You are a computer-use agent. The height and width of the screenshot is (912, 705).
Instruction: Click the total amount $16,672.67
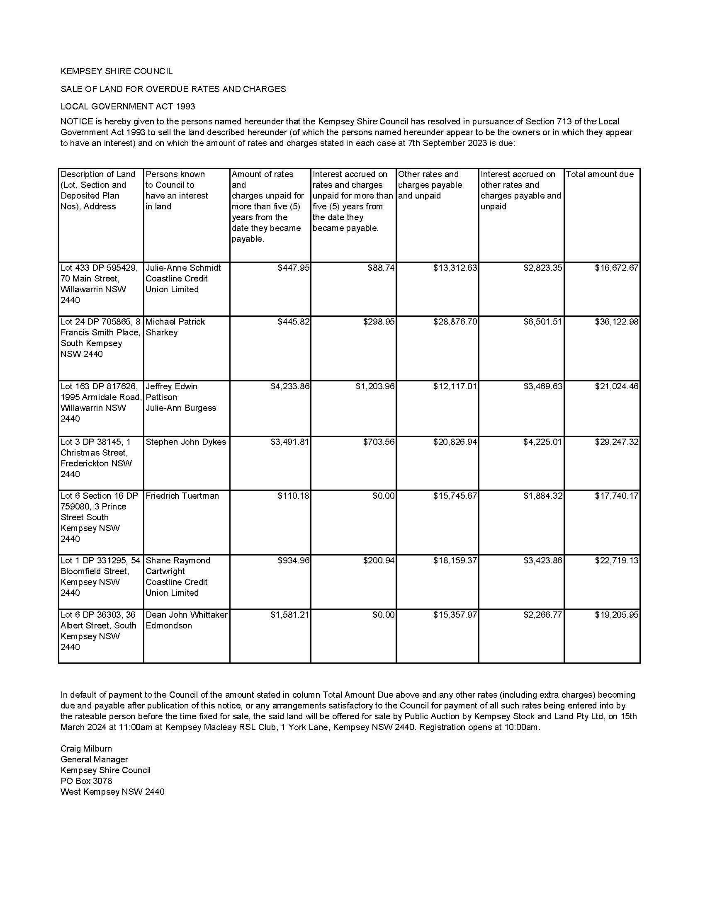point(616,268)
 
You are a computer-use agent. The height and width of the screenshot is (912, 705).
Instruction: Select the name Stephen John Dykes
point(185,442)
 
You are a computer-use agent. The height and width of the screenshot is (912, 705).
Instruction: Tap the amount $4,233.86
point(290,386)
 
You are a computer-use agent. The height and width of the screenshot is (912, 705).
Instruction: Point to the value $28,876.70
point(455,322)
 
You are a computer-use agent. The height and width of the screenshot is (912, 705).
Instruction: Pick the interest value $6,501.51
point(542,322)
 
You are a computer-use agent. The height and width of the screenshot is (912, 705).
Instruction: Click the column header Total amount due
point(599,174)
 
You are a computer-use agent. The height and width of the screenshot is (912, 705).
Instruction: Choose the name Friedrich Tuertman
point(182,496)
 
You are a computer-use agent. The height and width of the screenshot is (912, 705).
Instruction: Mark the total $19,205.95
point(616,615)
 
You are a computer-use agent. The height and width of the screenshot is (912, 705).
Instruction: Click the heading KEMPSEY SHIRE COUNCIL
point(117,71)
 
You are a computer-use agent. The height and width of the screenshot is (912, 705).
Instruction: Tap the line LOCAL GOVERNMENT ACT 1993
point(128,107)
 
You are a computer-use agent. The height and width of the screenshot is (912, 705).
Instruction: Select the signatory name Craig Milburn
point(86,748)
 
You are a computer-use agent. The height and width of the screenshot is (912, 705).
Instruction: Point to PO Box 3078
point(86,781)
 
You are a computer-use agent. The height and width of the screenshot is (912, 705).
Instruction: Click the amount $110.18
point(293,496)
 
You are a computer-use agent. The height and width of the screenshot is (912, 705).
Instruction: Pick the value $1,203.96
point(375,386)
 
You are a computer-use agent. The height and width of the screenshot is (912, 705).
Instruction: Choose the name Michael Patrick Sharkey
point(175,327)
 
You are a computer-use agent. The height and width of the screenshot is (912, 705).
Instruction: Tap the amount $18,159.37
point(455,560)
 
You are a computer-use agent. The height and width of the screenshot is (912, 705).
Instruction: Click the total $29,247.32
point(616,442)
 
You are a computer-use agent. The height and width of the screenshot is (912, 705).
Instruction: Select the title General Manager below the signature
point(95,759)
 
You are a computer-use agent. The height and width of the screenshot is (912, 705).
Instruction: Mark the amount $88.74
point(381,268)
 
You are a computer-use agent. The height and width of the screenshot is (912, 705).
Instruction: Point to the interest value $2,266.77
point(542,615)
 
